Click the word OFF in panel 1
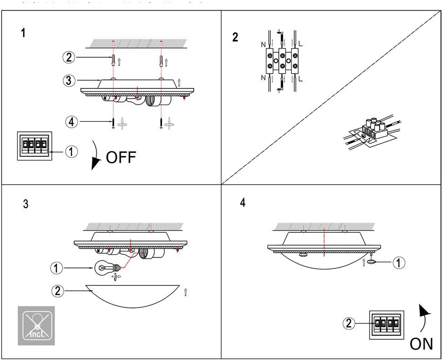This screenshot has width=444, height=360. pos(121,158)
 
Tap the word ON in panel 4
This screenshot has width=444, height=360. pos(421,344)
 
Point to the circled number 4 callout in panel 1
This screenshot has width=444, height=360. pos(71,121)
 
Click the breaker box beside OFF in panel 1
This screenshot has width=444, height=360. pos(35,146)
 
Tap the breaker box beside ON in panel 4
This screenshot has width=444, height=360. pos(387,325)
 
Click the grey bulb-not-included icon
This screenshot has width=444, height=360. pos(36,325)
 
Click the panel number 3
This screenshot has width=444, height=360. pos(25,204)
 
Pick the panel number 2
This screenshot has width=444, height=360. pos(235,37)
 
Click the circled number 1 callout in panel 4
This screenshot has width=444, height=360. pos(399,262)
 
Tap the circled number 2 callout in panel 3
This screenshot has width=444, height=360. pos(57,290)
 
